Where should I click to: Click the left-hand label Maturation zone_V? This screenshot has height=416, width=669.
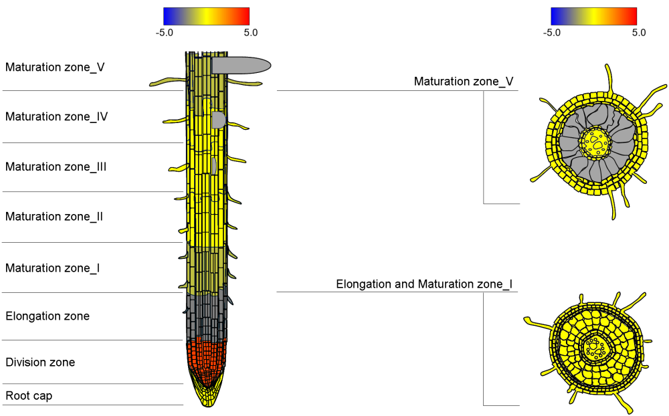(55, 67)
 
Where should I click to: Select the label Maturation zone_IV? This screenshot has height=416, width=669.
(56, 116)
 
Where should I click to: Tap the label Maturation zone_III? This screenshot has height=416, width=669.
(56, 167)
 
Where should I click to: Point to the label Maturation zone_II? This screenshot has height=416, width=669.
(54, 217)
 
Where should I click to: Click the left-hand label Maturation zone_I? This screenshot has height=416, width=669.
(53, 268)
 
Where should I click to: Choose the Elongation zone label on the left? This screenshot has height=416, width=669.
(47, 316)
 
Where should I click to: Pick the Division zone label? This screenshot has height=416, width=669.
(40, 362)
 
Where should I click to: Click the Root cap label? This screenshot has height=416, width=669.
(29, 396)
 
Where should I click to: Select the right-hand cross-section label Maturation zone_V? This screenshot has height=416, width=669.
(464, 82)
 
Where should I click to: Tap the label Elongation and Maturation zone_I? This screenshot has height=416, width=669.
(424, 284)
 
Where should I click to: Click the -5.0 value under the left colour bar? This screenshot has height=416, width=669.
(164, 32)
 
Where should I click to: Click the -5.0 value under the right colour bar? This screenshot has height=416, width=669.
(551, 32)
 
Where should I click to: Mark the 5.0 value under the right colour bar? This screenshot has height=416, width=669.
(638, 32)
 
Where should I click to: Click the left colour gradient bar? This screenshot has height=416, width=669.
(206, 16)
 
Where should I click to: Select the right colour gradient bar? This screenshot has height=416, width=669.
(593, 16)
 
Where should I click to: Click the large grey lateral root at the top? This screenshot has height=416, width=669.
(241, 65)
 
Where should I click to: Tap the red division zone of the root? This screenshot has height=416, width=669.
(208, 358)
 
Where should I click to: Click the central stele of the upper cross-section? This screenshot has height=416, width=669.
(595, 142)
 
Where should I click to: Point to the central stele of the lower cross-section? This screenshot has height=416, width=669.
(593, 346)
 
